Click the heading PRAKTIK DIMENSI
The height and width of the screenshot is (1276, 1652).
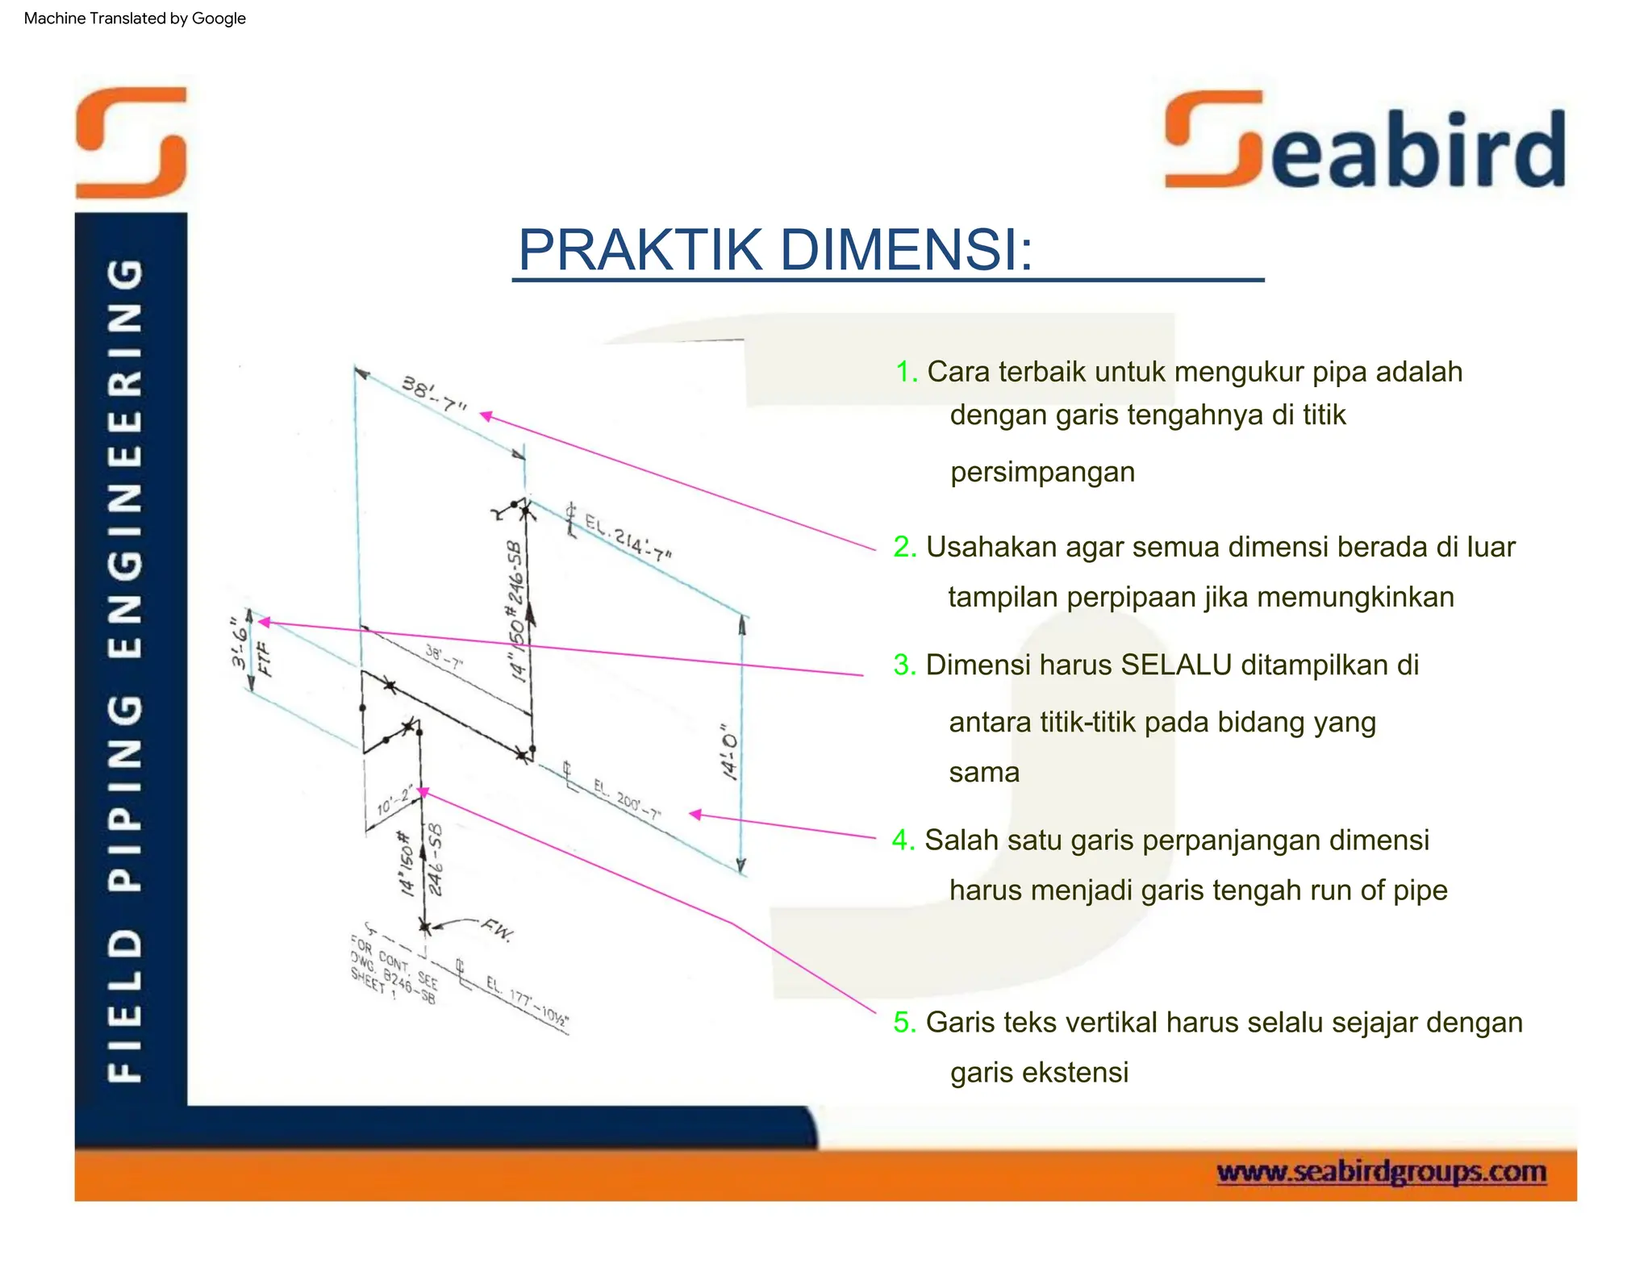774,250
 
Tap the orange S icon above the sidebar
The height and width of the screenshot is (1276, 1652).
131,142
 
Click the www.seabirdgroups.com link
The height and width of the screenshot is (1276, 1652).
1381,1171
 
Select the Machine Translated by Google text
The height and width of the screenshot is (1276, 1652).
135,18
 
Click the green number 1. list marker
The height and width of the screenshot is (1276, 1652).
906,372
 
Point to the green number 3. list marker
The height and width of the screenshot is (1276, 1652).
904,665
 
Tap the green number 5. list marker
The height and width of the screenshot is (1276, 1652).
904,1022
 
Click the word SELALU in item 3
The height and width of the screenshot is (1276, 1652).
1176,665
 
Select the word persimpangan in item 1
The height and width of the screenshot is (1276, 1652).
1042,472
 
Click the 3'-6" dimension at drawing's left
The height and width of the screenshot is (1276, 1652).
240,644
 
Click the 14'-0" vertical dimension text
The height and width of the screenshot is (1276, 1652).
728,752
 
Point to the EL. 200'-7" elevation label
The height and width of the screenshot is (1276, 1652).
627,799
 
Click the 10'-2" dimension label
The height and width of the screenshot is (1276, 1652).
395,800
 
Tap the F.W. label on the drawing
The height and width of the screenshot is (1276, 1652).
497,930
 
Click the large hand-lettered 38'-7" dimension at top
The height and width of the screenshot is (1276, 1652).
434,394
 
